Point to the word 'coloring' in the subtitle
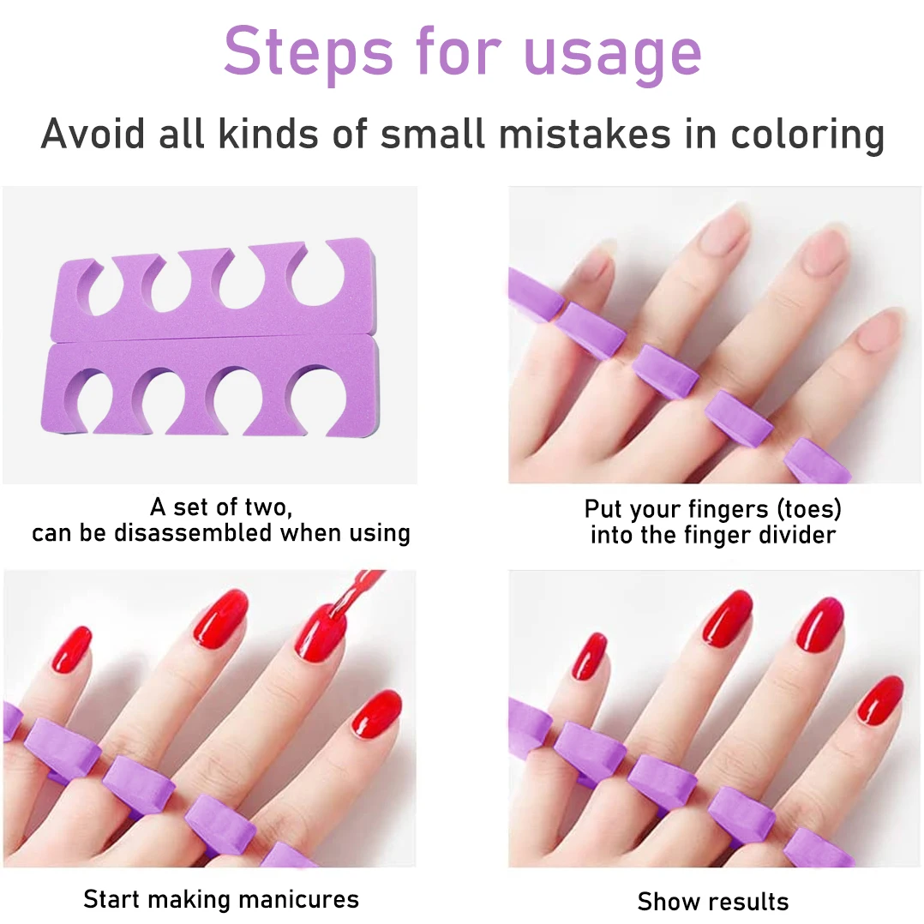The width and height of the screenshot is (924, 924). pyautogui.click(x=807, y=135)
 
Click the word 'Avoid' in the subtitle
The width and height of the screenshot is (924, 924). pyautogui.click(x=92, y=134)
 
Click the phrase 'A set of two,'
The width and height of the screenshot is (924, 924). pyautogui.click(x=221, y=507)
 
